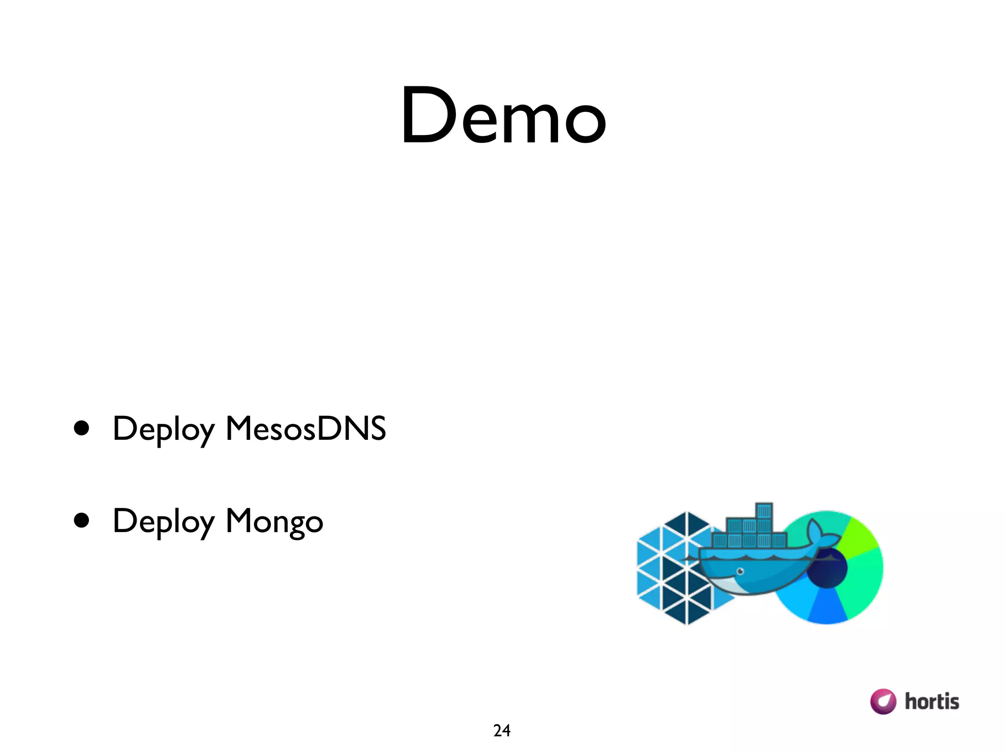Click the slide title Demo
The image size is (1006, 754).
click(x=503, y=116)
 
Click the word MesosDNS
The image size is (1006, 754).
click(x=306, y=429)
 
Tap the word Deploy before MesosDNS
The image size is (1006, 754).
click(x=164, y=430)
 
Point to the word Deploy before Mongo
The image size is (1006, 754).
click(x=164, y=522)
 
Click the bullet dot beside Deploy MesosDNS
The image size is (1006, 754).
click(x=82, y=428)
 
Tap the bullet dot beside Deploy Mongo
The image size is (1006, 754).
click(x=82, y=520)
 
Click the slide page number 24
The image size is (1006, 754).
click(x=502, y=730)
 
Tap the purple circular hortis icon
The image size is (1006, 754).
click(x=883, y=701)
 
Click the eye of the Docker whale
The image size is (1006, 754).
click(x=740, y=571)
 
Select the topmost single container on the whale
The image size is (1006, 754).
click(x=764, y=511)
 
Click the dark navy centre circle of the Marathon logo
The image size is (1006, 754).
click(x=828, y=568)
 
